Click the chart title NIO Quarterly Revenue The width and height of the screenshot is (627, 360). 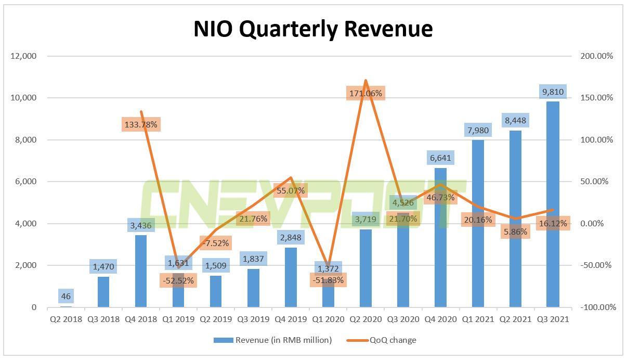tap(313, 29)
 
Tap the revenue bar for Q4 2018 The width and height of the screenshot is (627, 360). tap(141, 271)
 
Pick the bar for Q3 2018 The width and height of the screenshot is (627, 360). tap(103, 291)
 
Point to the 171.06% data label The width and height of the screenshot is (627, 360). tap(366, 94)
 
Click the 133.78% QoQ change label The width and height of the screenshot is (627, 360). tap(141, 124)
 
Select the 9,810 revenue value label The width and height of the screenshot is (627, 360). tap(553, 92)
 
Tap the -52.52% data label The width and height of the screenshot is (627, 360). tap(178, 280)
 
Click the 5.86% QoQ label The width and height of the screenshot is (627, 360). tap(515, 232)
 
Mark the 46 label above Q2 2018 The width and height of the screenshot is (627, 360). tap(66, 297)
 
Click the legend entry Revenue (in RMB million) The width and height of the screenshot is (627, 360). tap(272, 340)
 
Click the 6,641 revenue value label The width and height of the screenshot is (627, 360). tap(440, 158)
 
